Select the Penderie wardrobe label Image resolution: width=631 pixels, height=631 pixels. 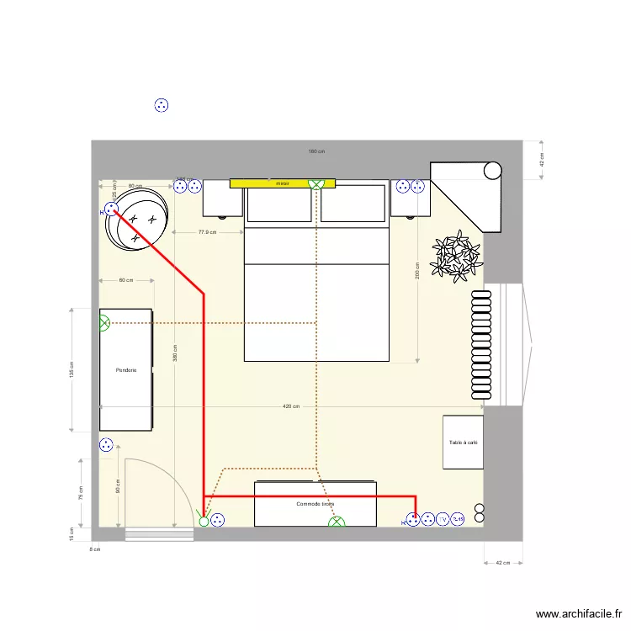tap(126, 369)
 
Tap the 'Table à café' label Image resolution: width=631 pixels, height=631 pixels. tap(463, 443)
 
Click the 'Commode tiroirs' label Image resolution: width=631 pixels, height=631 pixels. tap(315, 505)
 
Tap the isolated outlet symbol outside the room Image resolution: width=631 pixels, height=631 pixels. tap(162, 105)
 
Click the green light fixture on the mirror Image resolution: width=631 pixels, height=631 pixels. tap(316, 183)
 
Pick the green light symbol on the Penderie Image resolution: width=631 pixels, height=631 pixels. tap(104, 322)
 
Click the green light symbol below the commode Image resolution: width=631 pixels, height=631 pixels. tap(337, 523)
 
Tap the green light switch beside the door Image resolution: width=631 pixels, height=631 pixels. tap(203, 521)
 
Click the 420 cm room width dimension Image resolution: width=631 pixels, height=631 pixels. tap(291, 406)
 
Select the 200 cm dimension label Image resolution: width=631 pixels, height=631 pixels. tap(417, 273)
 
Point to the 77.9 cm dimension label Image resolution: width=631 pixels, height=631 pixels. tap(207, 232)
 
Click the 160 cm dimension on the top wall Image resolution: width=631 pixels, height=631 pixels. tap(316, 151)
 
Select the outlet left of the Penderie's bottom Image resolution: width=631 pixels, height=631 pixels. tap(105, 446)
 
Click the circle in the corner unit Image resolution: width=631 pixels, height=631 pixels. tap(493, 171)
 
